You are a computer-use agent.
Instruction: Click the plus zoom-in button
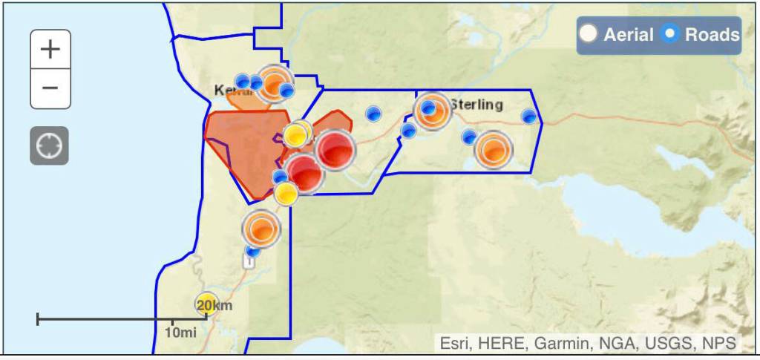pyautogui.click(x=50, y=50)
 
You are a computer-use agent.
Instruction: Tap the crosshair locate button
pyautogui.click(x=50, y=145)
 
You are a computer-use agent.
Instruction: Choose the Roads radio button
pyautogui.click(x=670, y=34)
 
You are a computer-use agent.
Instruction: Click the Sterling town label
pyautogui.click(x=477, y=105)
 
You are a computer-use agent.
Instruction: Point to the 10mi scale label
pyautogui.click(x=180, y=332)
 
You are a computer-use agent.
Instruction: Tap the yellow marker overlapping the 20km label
pyautogui.click(x=207, y=304)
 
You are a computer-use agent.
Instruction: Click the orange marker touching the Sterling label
pyautogui.click(x=433, y=112)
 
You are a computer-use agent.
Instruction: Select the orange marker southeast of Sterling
pyautogui.click(x=494, y=151)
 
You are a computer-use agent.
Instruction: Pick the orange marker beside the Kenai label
pyautogui.click(x=275, y=84)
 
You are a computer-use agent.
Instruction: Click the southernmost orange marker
pyautogui.click(x=261, y=229)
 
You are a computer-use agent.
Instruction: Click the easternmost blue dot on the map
pyautogui.click(x=528, y=117)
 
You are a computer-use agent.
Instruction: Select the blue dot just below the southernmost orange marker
pyautogui.click(x=253, y=251)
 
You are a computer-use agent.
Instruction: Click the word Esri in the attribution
pyautogui.click(x=453, y=343)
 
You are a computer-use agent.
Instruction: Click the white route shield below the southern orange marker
pyautogui.click(x=249, y=262)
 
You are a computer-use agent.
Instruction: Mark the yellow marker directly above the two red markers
pyautogui.click(x=296, y=135)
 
